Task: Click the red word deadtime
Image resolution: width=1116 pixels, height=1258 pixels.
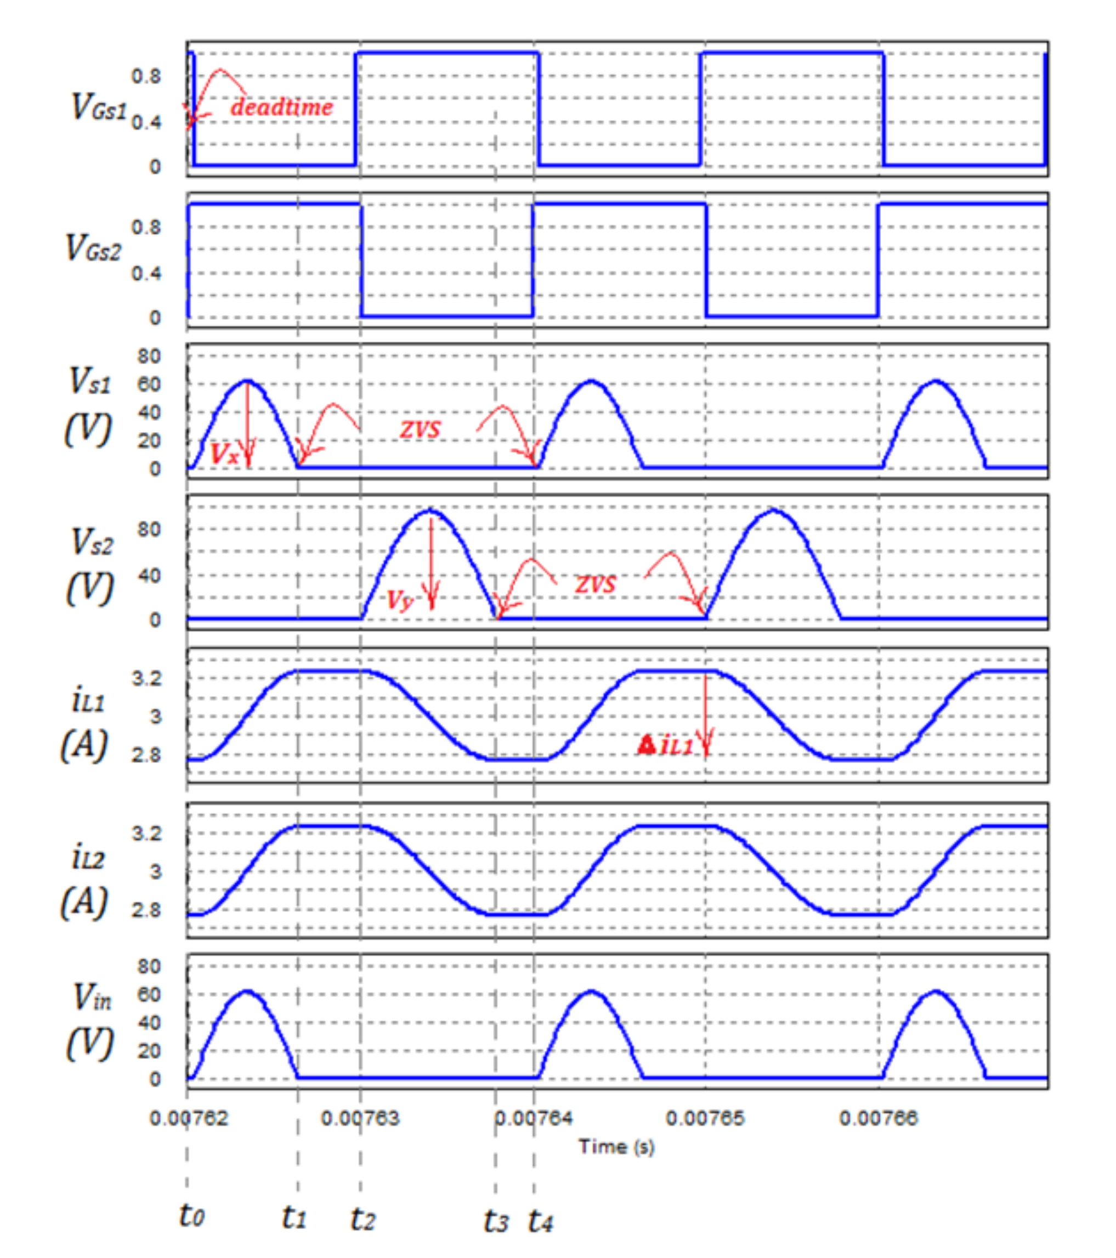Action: pos(281,107)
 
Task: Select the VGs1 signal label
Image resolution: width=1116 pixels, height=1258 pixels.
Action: pos(99,106)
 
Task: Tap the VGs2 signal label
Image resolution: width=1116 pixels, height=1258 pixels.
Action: pos(93,248)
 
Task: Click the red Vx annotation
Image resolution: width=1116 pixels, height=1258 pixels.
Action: pos(224,454)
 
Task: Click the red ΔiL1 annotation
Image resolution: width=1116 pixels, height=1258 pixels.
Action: pos(665,746)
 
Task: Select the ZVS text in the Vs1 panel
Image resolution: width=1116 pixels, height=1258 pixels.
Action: pos(420,429)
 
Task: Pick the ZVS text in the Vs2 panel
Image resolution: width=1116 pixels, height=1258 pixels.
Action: pos(595,584)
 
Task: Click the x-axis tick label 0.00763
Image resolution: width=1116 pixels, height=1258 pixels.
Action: pos(360,1118)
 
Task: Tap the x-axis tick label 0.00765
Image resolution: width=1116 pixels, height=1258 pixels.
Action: pos(705,1118)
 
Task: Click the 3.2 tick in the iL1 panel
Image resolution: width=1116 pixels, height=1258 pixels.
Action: pos(146,678)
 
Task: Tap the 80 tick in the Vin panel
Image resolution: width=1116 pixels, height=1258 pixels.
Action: pos(149,966)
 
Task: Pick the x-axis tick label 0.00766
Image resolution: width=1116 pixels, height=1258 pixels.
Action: pos(879,1118)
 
